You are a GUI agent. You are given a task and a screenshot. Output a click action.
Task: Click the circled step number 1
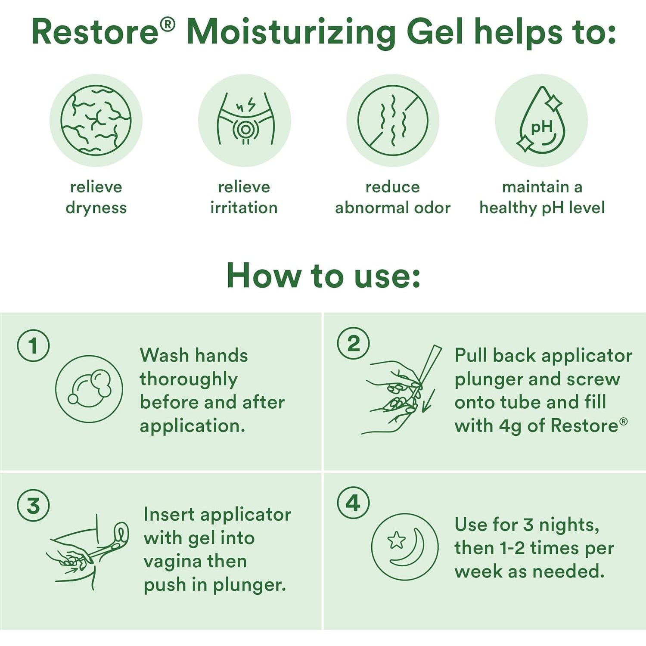click(33, 345)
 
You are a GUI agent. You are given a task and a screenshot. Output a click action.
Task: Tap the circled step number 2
click(353, 343)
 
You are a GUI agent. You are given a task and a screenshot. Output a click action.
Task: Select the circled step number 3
click(33, 505)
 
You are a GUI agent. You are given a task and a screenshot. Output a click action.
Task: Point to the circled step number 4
click(353, 503)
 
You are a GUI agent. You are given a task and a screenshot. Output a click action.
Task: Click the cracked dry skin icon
click(96, 120)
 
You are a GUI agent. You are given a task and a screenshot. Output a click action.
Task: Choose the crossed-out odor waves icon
click(393, 120)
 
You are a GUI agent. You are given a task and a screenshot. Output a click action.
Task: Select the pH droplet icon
click(541, 120)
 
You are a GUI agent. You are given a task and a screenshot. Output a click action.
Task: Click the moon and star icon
click(405, 547)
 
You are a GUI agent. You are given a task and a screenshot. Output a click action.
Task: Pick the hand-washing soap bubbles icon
click(89, 389)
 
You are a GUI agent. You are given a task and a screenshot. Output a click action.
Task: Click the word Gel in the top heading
click(435, 32)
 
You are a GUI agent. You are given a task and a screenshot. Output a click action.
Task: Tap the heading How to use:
click(323, 275)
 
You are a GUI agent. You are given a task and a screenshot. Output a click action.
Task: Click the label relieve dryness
click(96, 197)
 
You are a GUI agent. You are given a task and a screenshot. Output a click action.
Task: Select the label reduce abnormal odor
click(393, 197)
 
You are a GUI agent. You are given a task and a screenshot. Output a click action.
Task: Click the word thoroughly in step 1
click(189, 379)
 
